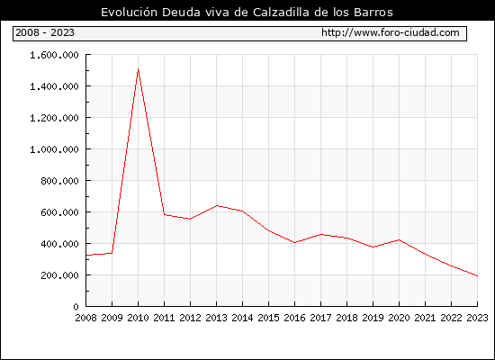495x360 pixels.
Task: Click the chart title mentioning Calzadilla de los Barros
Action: tap(247, 12)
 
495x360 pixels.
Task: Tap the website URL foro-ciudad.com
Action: tap(391, 32)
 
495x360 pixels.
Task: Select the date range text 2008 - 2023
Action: tap(45, 32)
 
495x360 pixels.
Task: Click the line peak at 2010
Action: tap(138, 68)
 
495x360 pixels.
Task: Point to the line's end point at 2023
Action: tap(477, 275)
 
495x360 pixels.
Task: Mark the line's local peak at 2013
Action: tap(217, 205)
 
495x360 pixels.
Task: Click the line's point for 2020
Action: tap(399, 240)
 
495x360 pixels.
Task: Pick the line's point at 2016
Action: tap(294, 242)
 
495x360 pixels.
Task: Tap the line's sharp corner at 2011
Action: tap(164, 215)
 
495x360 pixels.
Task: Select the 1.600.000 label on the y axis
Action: tap(54, 55)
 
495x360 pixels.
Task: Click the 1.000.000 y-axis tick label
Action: tap(54, 149)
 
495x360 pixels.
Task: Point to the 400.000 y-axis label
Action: tap(59, 244)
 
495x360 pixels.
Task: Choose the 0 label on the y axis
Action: tap(76, 307)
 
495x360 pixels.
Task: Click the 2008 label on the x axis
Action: tap(85, 318)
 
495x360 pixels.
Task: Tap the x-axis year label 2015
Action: tap(269, 318)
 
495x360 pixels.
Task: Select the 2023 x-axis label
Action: tap(477, 318)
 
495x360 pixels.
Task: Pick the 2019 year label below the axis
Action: tap(373, 318)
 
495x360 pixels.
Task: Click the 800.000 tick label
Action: tap(59, 181)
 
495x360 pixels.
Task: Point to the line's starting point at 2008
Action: tap(86, 256)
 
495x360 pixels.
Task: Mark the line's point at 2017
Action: tap(320, 234)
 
